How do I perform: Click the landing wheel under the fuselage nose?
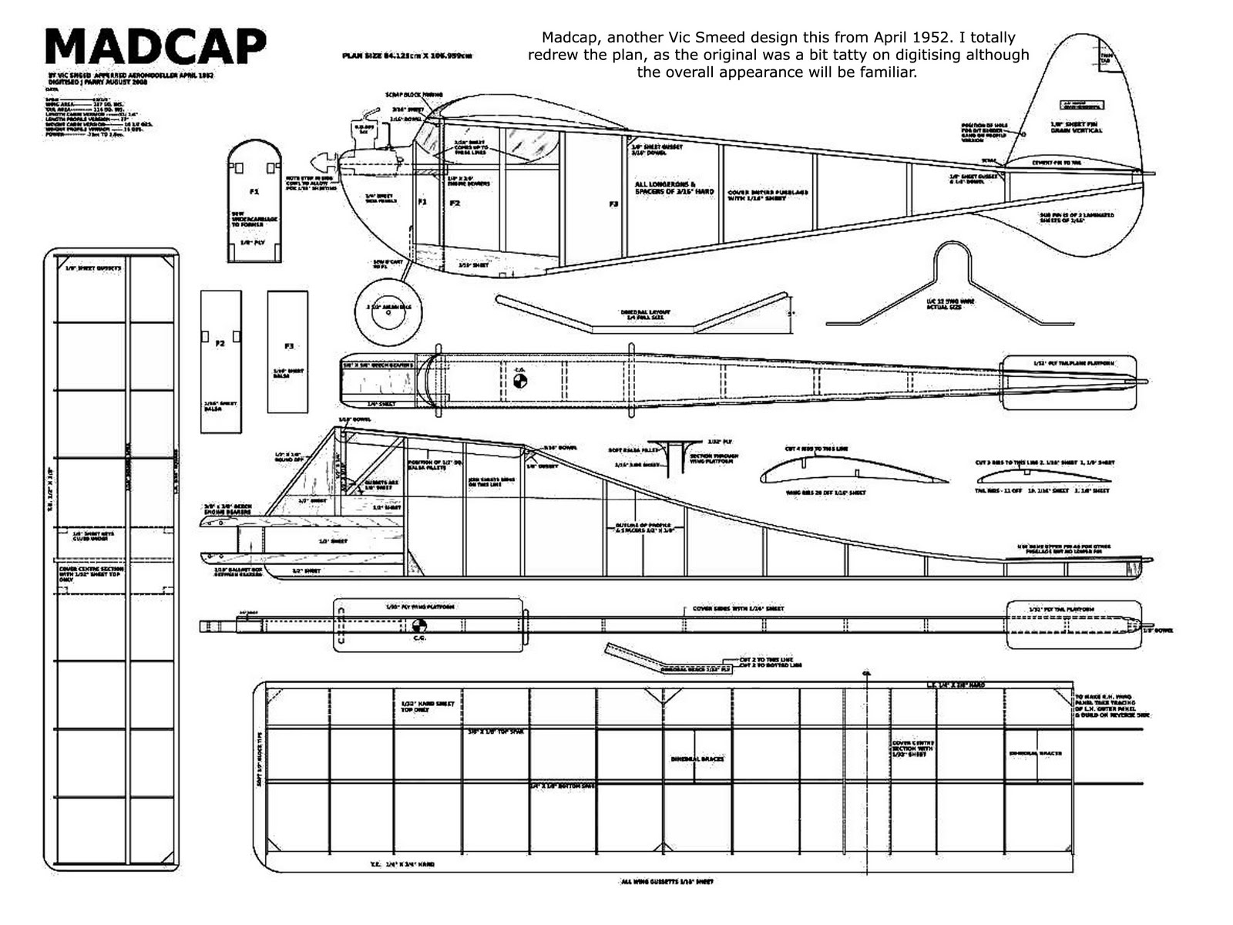tap(391, 311)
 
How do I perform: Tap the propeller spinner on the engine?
tap(317, 163)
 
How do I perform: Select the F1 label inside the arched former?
tap(254, 190)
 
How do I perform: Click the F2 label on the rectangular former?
tap(220, 343)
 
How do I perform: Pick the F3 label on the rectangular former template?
tap(288, 346)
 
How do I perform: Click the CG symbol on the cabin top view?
tap(520, 381)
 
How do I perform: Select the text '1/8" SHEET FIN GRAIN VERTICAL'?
tap(1077, 127)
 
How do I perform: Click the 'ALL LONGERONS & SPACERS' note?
tap(674, 188)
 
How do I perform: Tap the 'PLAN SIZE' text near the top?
tap(407, 56)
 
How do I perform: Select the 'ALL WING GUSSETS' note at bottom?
tap(666, 882)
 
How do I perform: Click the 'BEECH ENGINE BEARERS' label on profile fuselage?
tap(226, 510)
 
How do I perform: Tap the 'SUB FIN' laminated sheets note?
tap(1076, 217)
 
